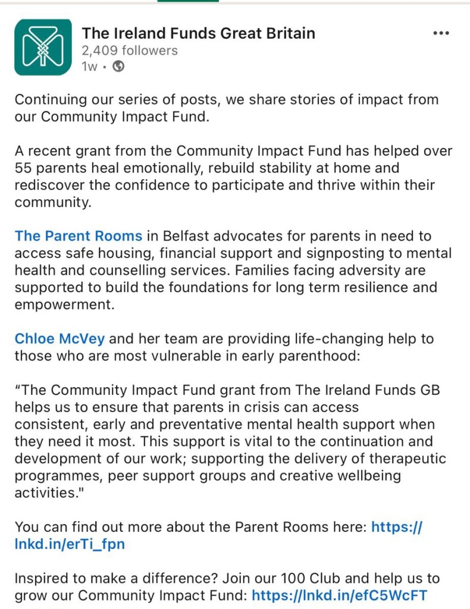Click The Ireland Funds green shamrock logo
click(43, 47)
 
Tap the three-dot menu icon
click(440, 33)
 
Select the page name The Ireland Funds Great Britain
click(198, 33)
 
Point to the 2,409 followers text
click(130, 51)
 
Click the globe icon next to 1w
click(118, 67)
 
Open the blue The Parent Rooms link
click(79, 237)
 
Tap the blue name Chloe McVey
click(59, 339)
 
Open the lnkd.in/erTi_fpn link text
click(70, 544)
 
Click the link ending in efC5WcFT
click(339, 595)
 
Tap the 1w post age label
click(89, 67)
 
